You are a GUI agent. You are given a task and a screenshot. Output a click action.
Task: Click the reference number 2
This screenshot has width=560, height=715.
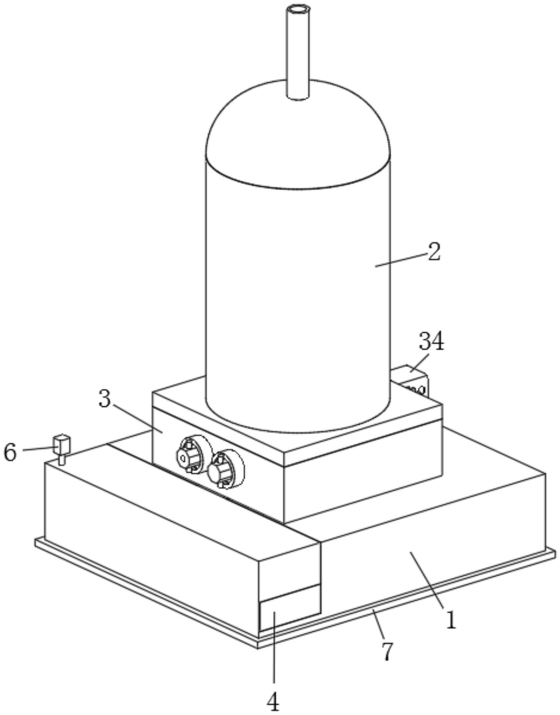pos(434,252)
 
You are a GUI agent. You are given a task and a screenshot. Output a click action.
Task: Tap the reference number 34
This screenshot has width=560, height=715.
pos(432,341)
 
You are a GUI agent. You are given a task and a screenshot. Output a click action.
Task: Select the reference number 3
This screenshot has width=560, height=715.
pos(105,399)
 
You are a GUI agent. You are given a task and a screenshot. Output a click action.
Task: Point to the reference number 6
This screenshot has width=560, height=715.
pos(10,453)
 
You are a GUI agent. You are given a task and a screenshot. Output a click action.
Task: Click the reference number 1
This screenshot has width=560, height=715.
pos(451,620)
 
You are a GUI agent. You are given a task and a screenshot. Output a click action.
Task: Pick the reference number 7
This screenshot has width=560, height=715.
pos(387,652)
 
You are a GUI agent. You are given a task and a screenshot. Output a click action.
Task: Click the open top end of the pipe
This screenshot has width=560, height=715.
pos(298,9)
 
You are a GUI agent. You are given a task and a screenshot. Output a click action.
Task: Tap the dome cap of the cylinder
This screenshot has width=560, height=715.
pos(298,126)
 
